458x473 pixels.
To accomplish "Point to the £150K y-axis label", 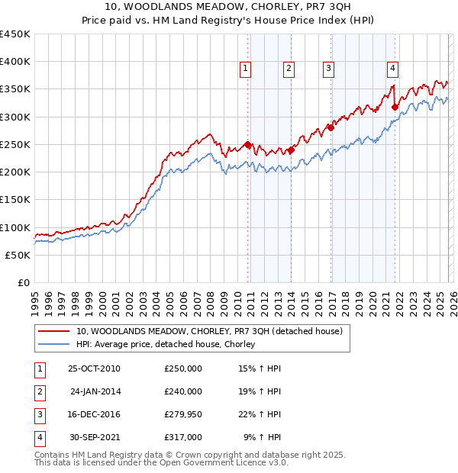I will click(15, 199).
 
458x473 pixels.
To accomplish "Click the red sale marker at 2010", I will click(248, 145).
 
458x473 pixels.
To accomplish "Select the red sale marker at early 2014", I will click(291, 150).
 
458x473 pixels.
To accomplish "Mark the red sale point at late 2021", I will click(395, 108).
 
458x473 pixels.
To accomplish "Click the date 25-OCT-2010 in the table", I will click(94, 368).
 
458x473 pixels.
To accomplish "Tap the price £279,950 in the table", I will click(183, 414).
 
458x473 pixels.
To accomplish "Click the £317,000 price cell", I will click(183, 437).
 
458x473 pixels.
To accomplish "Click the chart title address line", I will click(228, 8).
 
